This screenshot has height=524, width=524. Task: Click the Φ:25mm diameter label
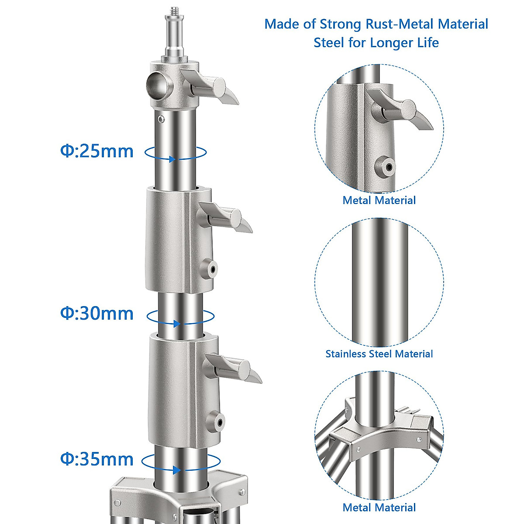click(x=97, y=152)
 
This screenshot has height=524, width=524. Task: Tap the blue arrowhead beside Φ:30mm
click(x=177, y=324)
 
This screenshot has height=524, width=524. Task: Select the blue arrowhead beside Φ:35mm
click(x=177, y=470)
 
